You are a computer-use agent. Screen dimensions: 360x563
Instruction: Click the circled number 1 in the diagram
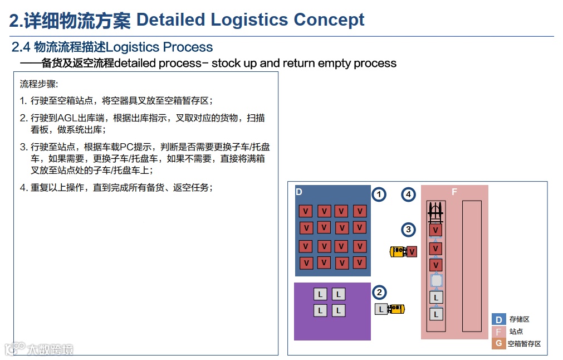[x=379, y=194]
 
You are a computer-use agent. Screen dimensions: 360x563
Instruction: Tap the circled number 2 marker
[x=379, y=293]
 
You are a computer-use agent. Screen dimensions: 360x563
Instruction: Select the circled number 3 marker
[x=409, y=230]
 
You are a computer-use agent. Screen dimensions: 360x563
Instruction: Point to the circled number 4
[x=409, y=194]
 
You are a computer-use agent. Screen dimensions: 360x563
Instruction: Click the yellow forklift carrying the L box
[x=396, y=309]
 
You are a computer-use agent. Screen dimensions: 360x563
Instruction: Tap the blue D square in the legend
[x=498, y=319]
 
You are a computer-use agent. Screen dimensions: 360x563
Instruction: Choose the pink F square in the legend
[x=498, y=332]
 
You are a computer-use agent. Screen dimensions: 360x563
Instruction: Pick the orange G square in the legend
[x=498, y=344]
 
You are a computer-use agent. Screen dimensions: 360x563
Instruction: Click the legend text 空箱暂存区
[x=524, y=344]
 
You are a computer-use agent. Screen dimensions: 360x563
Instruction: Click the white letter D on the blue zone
[x=299, y=192]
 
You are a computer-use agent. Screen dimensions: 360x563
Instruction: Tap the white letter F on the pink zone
[x=454, y=192]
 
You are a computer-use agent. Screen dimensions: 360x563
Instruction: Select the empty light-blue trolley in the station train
[x=437, y=280]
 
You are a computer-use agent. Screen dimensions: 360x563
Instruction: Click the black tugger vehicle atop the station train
[x=436, y=211]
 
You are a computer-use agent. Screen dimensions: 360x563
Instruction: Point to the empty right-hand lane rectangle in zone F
[x=472, y=266]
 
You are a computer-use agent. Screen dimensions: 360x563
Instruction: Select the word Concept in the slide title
[x=329, y=20]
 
